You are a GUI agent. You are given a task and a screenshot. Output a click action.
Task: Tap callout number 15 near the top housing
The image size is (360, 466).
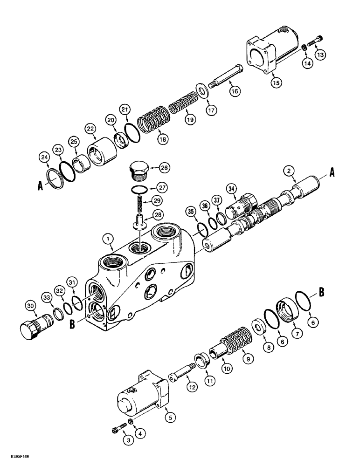(276, 82)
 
